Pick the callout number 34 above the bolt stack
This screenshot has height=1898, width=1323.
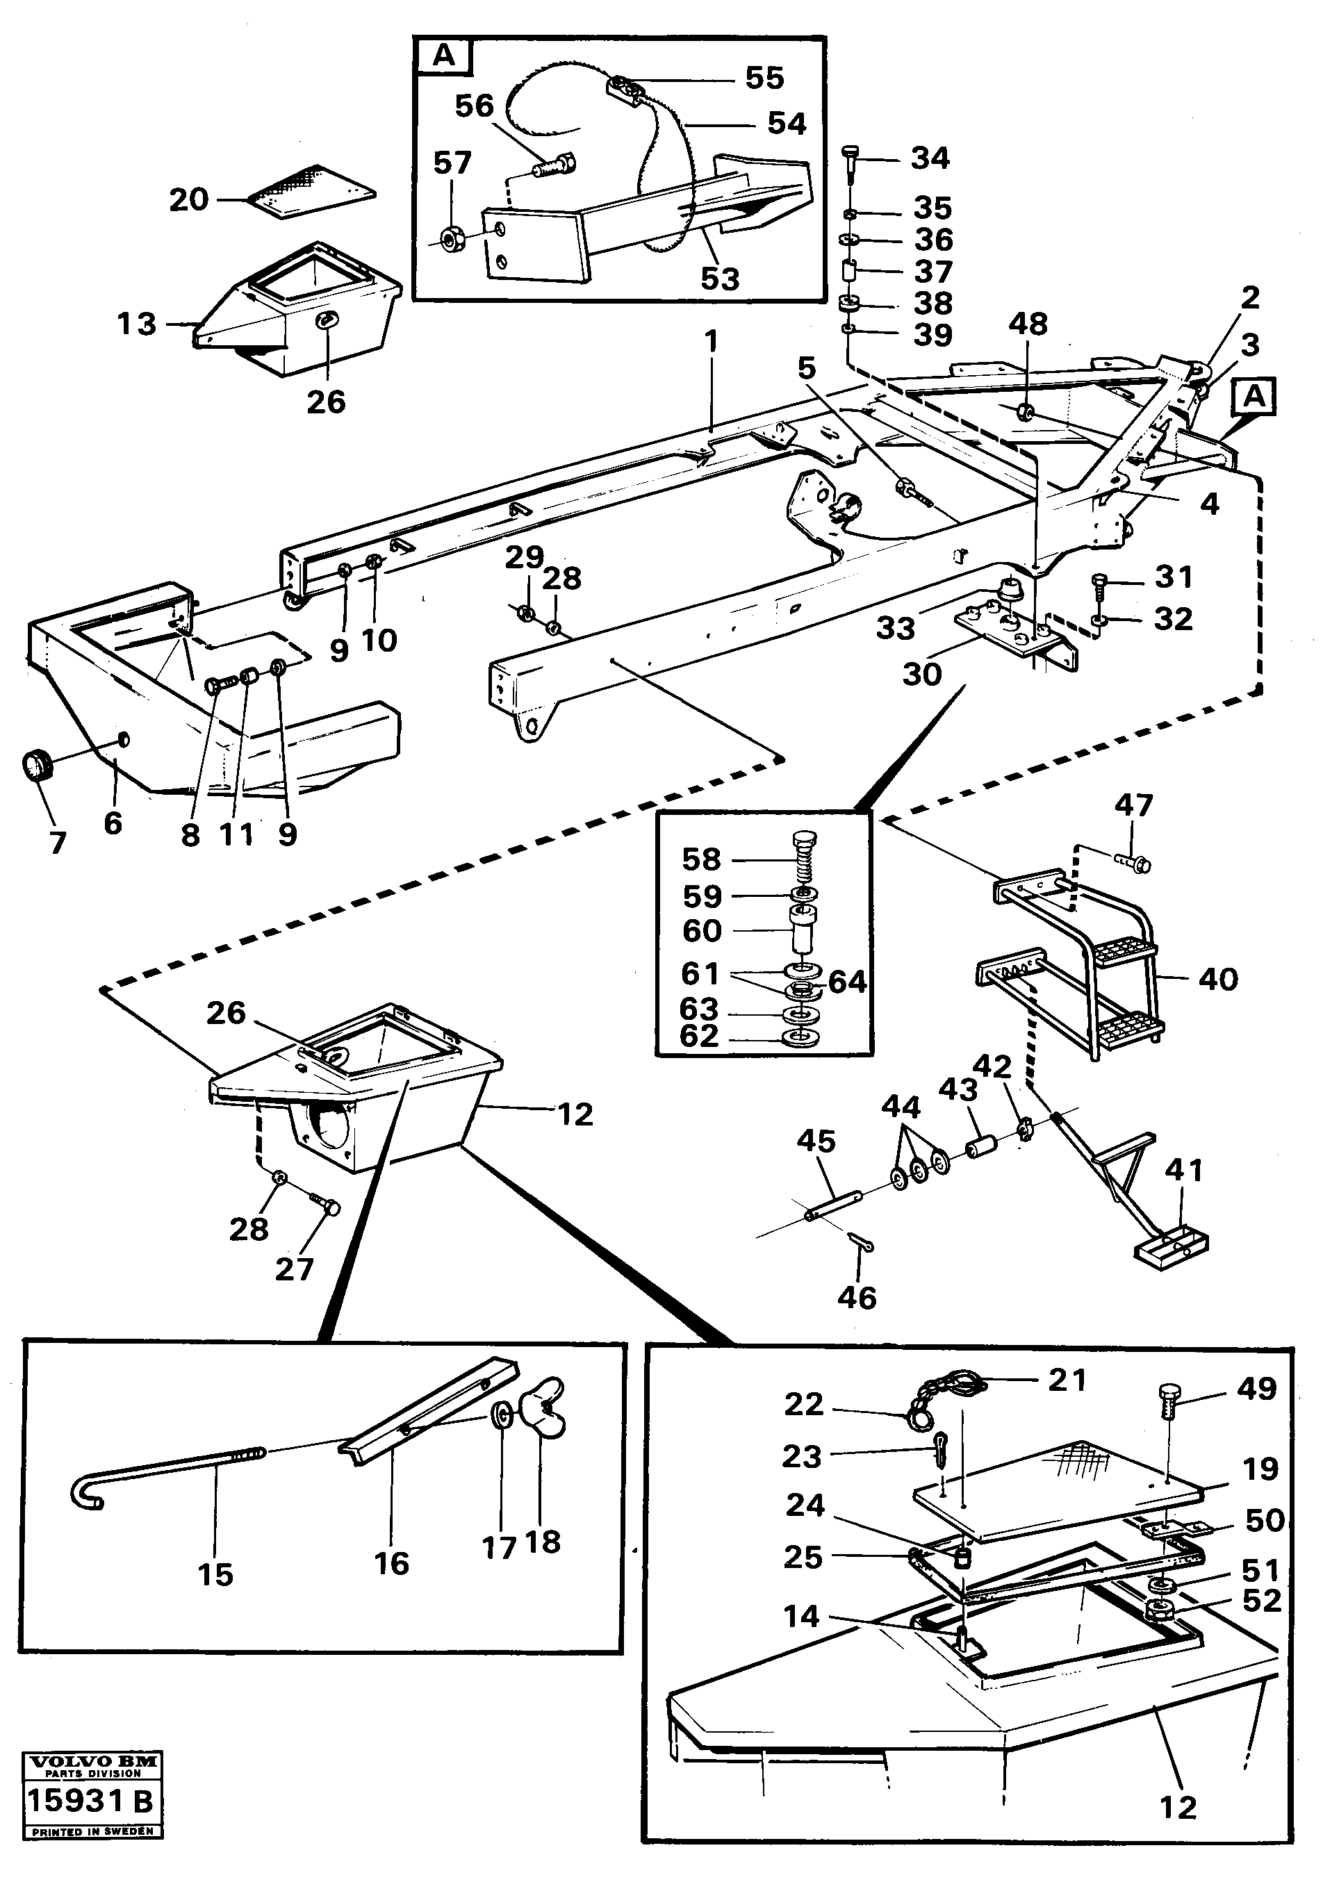(930, 158)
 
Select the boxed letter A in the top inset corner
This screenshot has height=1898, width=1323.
(444, 56)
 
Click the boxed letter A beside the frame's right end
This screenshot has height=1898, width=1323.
(1254, 397)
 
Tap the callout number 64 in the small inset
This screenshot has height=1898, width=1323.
(847, 981)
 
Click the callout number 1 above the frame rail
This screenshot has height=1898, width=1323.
(711, 341)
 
